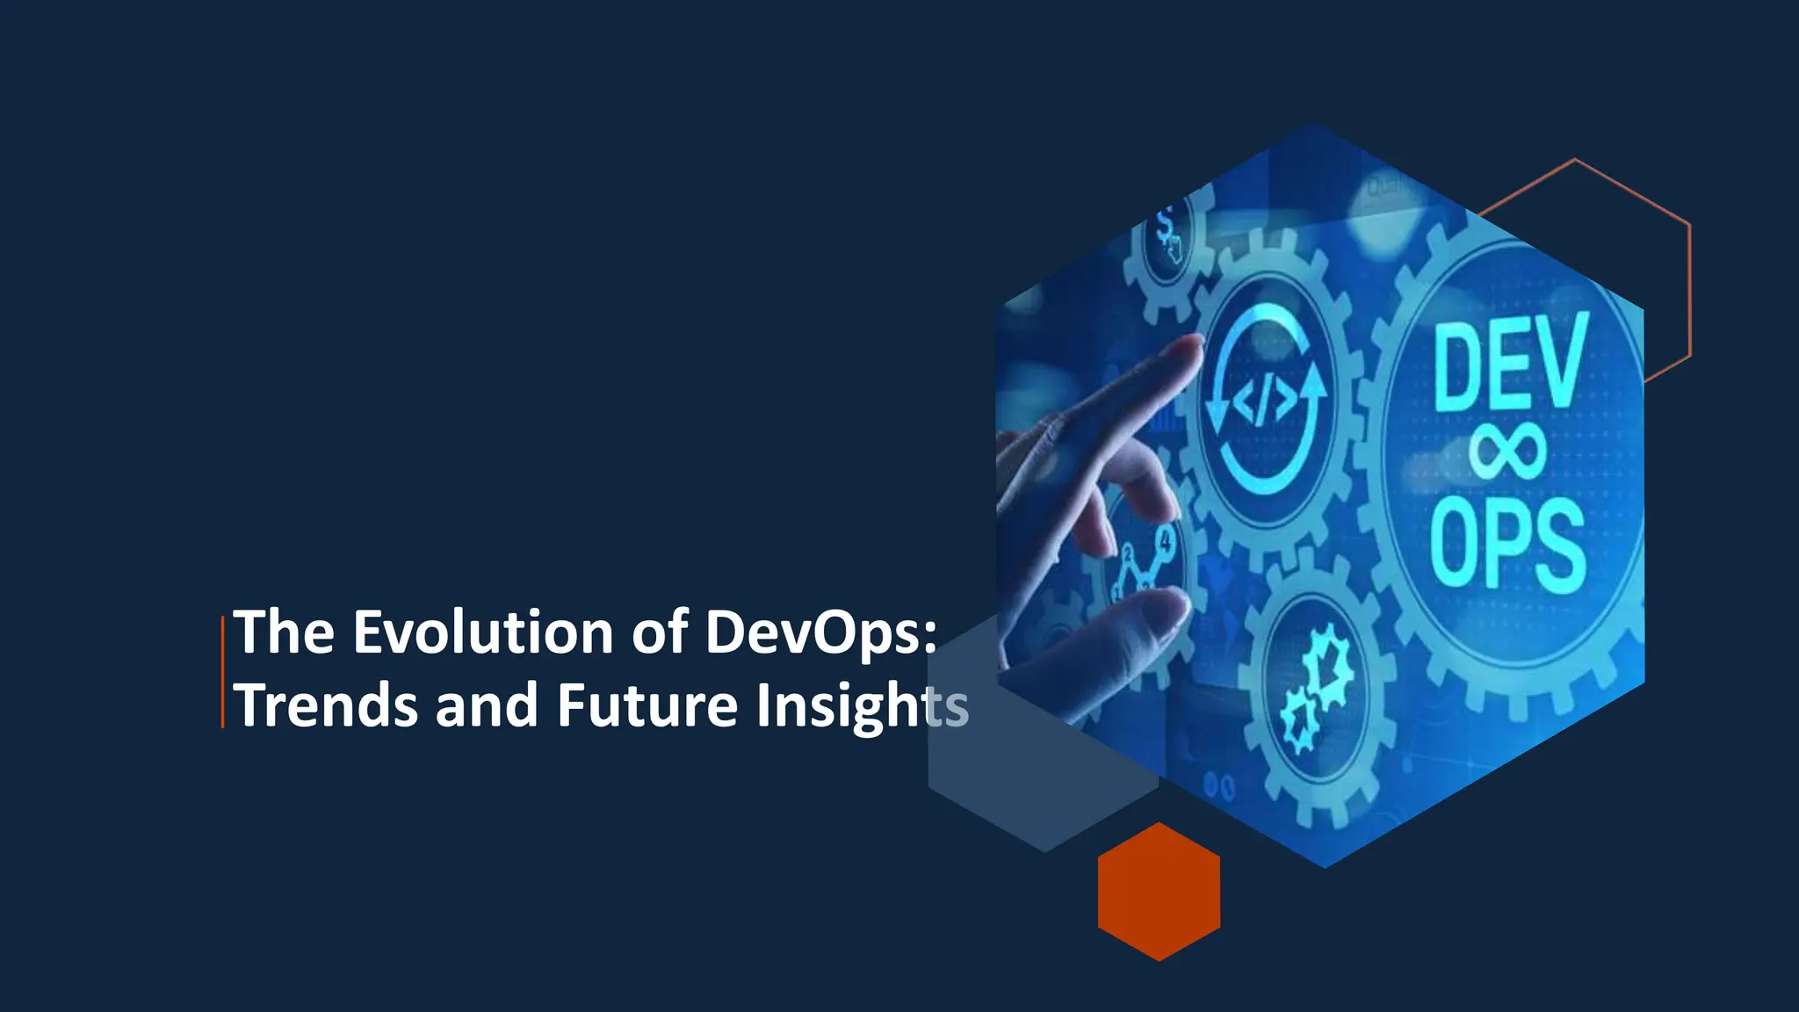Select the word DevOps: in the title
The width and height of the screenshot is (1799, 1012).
coord(821,632)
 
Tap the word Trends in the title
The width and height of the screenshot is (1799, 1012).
coord(326,705)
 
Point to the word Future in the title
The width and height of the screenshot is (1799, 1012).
coord(647,705)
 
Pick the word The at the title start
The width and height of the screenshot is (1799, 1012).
coord(284,632)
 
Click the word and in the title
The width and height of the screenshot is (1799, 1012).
coord(487,705)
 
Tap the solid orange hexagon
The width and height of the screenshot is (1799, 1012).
coord(1159,892)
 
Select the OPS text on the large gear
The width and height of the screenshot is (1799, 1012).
coord(1507,543)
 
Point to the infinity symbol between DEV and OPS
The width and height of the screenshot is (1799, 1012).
coord(1507,450)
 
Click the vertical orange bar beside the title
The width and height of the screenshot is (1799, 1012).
coord(222,671)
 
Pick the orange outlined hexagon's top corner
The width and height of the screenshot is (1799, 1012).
coord(1574,160)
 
